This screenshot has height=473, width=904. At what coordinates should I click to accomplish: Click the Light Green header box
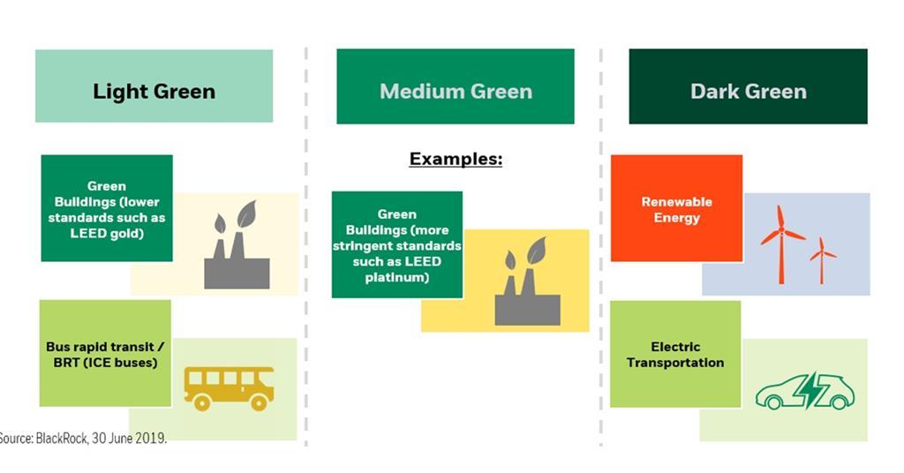tap(154, 86)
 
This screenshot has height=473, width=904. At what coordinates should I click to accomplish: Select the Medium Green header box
tap(456, 86)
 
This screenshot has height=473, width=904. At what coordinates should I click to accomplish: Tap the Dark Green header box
tap(748, 86)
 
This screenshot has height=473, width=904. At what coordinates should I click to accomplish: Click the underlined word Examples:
tap(456, 159)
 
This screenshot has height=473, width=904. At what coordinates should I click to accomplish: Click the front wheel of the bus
tap(259, 402)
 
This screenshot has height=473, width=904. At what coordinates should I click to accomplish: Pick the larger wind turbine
tap(781, 242)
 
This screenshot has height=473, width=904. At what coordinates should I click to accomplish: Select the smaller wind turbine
tap(822, 258)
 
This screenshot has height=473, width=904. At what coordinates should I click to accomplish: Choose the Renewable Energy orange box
tap(676, 208)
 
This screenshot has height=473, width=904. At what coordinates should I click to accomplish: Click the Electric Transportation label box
tap(675, 354)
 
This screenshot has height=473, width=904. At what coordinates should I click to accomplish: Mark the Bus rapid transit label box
tap(106, 353)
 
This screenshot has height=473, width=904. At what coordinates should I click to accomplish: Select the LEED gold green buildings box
tap(107, 208)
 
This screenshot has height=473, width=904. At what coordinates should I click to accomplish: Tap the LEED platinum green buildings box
tap(397, 244)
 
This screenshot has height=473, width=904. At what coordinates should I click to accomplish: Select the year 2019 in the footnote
tap(150, 438)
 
